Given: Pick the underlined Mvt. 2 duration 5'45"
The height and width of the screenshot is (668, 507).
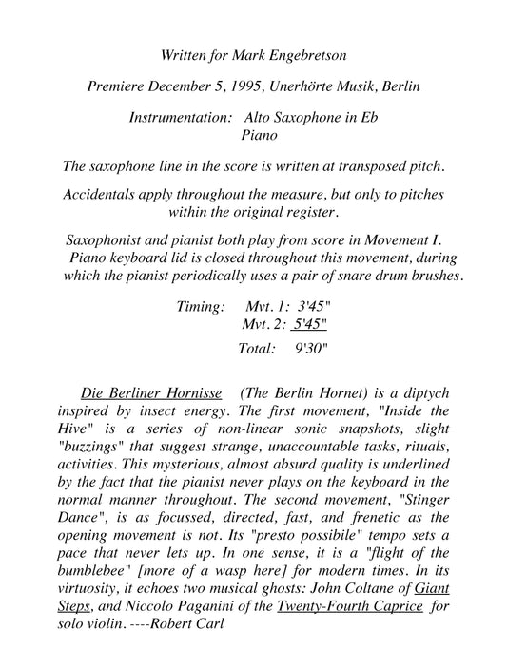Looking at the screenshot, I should pyautogui.click(x=308, y=327).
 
